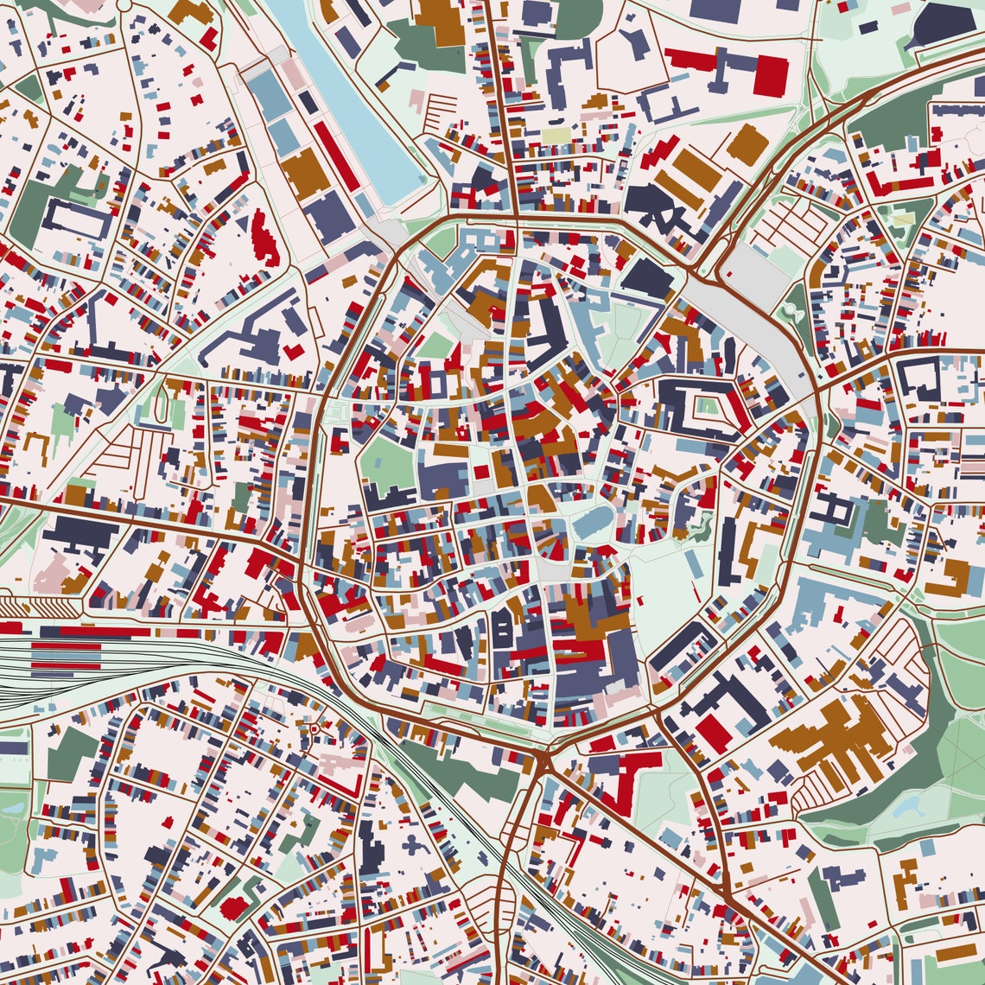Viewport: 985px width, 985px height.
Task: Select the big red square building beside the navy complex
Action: tap(770, 76)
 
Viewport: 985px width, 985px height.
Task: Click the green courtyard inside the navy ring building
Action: tap(708, 404)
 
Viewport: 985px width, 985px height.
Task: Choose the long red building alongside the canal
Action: tap(335, 156)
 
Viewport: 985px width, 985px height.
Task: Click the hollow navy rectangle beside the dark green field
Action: tap(78, 219)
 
